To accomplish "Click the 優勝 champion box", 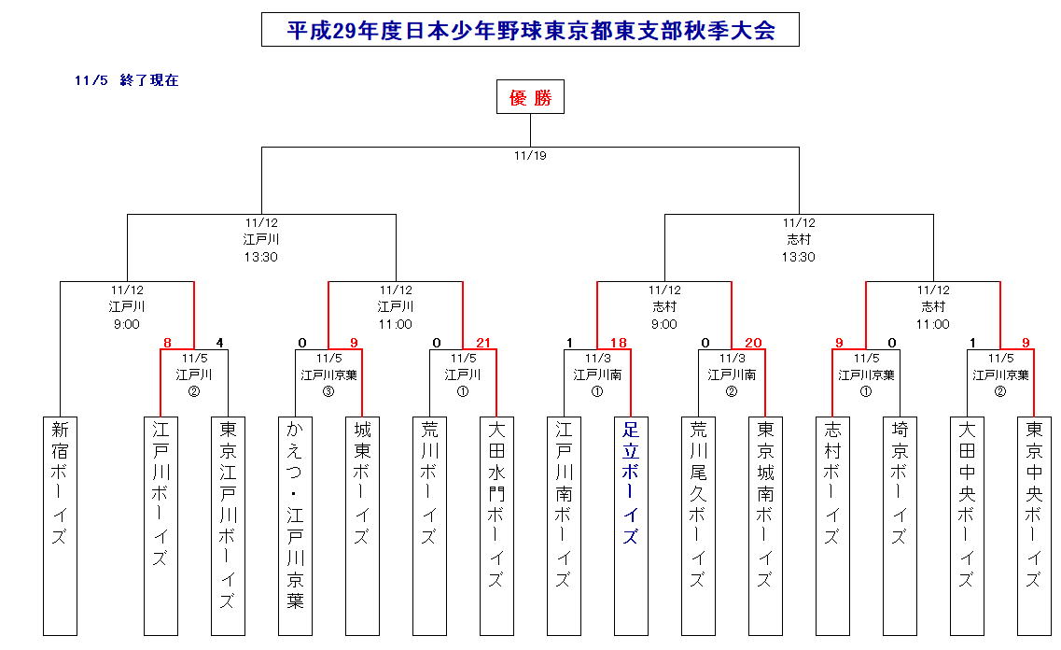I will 530,97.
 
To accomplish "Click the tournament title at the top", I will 530,30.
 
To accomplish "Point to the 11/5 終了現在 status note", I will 127,80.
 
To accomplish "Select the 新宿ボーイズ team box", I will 60,525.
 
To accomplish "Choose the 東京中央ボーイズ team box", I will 1034,525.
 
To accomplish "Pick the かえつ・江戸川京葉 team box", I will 295,525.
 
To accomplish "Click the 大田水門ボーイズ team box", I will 496,525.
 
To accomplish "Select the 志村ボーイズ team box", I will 832,525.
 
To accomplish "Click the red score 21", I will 483,343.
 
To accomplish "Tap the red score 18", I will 618,343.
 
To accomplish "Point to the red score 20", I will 752,343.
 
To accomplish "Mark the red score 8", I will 167,343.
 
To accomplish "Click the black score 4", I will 220,343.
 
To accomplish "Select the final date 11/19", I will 530,156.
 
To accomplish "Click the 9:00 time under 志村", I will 664,324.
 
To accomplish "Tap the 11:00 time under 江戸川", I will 396,324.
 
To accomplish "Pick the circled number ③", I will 328,391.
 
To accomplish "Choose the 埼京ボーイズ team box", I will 900,525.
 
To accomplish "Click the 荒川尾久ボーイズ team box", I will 698,525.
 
